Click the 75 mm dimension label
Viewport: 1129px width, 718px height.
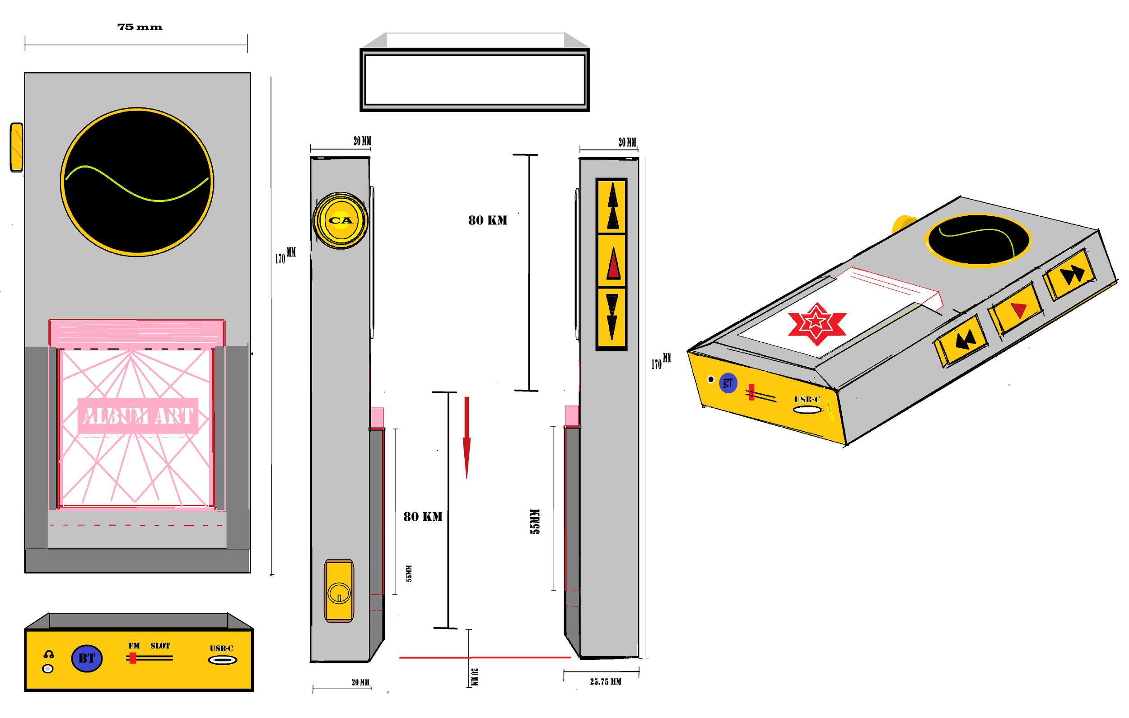click(140, 27)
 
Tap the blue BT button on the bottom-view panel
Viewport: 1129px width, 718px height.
click(87, 658)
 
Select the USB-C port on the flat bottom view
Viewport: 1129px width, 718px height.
click(222, 660)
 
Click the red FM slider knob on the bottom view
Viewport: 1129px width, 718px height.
click(133, 658)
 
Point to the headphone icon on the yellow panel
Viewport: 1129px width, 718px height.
click(48, 655)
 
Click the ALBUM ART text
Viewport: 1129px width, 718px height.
click(138, 416)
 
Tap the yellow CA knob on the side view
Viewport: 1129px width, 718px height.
click(341, 220)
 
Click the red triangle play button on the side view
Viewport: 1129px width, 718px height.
click(613, 263)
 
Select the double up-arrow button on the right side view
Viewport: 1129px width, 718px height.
click(612, 206)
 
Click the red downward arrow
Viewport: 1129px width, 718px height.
click(467, 436)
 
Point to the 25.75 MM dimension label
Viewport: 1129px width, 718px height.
click(605, 682)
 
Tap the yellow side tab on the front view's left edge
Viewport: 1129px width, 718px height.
click(16, 147)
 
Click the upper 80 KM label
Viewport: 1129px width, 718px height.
click(488, 220)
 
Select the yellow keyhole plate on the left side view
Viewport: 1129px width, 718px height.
click(339, 591)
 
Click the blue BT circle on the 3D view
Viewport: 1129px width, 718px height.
click(728, 383)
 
